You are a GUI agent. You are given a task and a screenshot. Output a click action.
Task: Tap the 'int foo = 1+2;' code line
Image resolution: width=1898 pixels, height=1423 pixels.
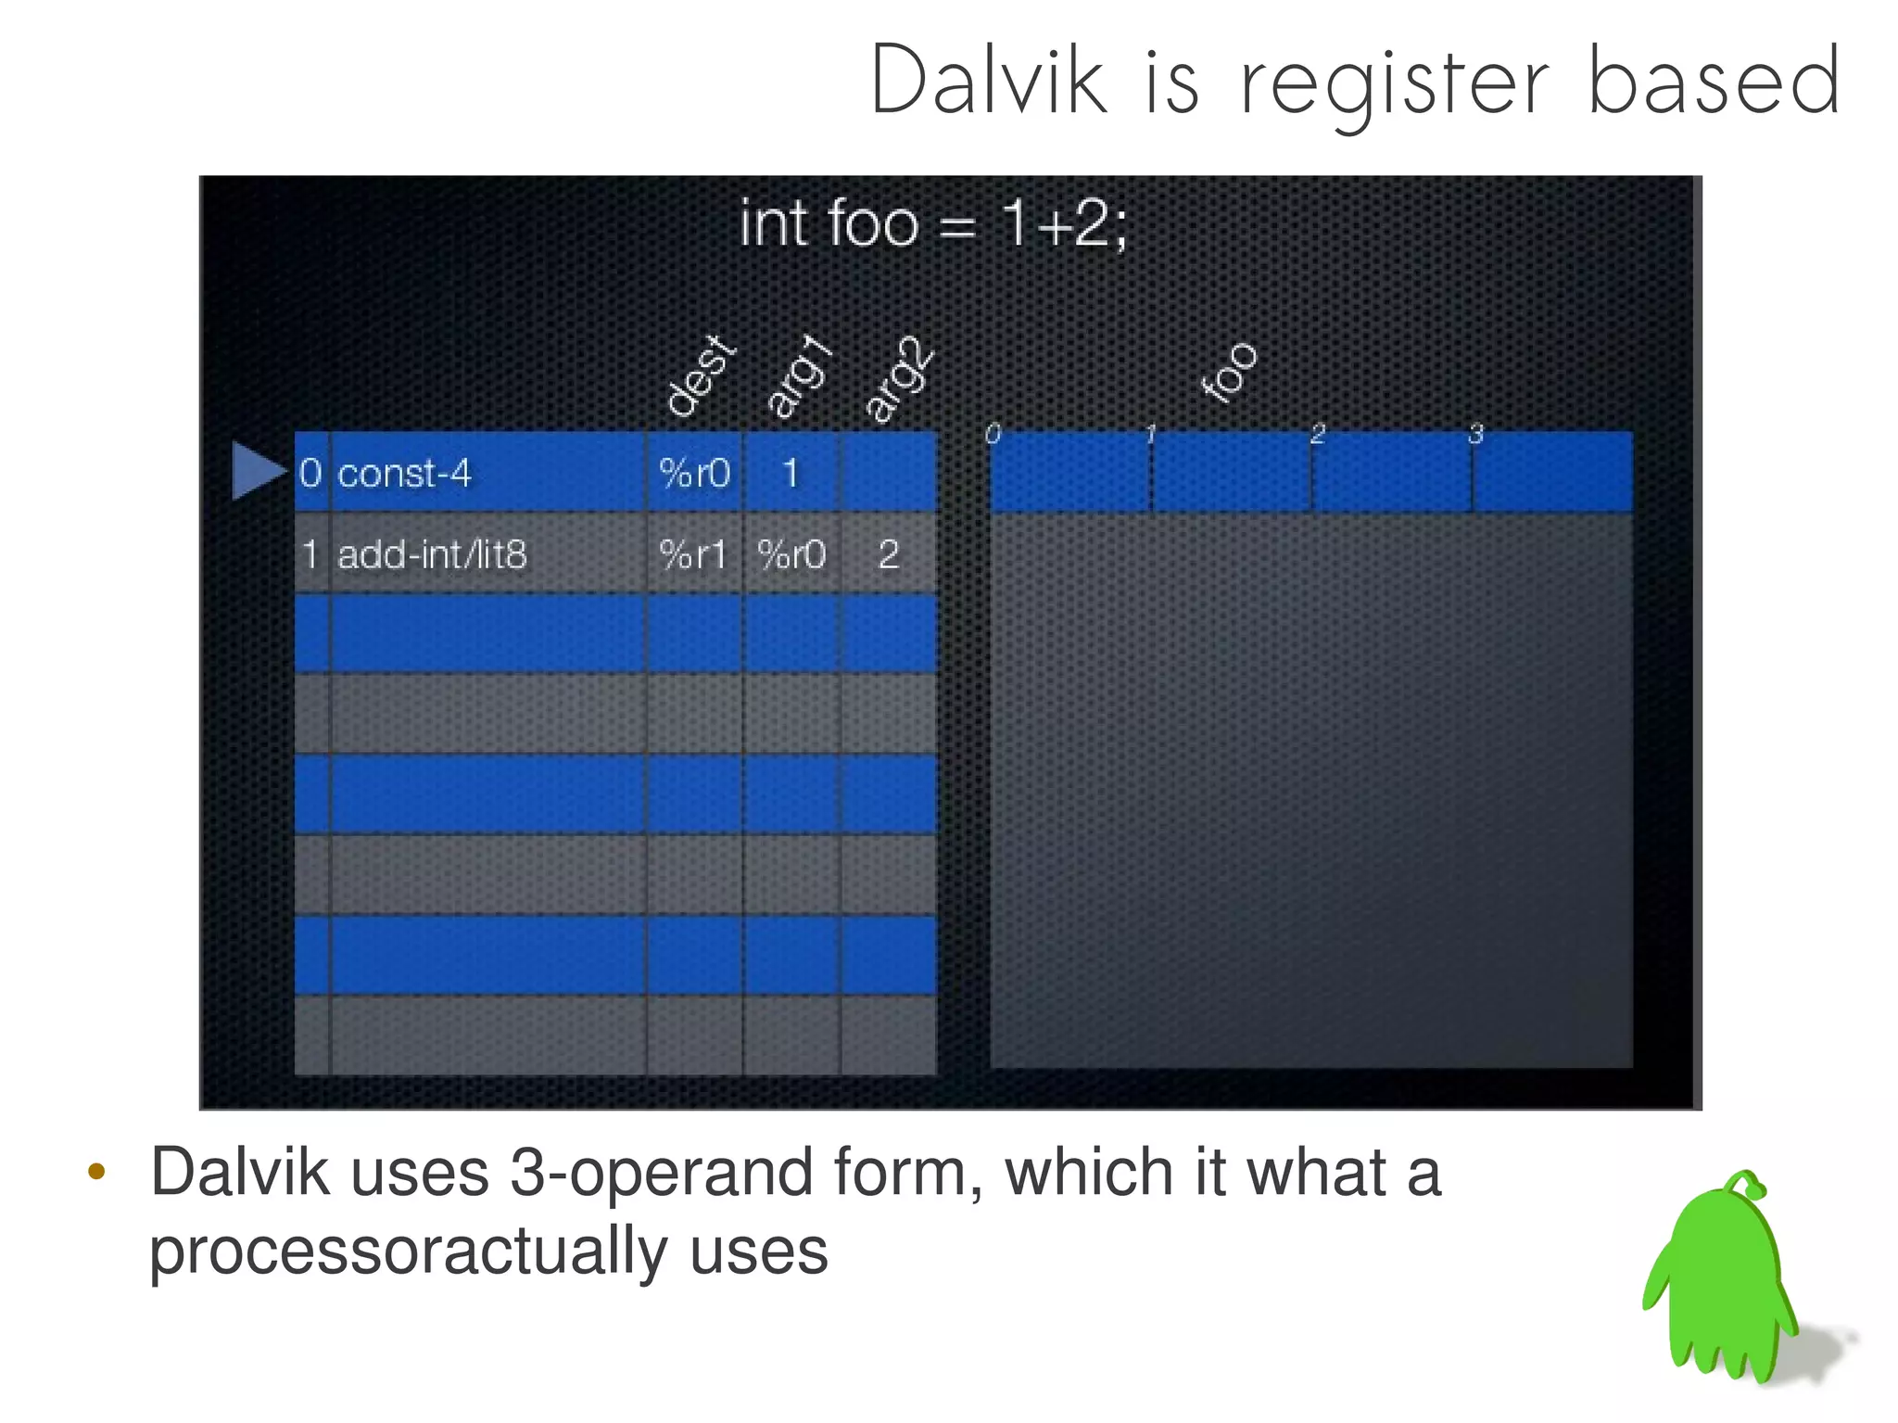(x=932, y=224)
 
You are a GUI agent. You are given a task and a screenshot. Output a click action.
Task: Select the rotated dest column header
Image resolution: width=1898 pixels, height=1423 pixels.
(x=701, y=375)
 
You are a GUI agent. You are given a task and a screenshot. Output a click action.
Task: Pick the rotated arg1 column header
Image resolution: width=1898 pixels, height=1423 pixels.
(x=799, y=375)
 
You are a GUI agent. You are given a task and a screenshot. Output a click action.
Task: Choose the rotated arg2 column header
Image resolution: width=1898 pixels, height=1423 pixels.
(x=897, y=378)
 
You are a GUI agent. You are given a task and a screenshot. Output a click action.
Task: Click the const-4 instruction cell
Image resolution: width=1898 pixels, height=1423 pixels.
(x=404, y=474)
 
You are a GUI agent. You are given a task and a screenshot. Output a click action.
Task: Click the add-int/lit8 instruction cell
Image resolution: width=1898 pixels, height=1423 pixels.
(x=432, y=554)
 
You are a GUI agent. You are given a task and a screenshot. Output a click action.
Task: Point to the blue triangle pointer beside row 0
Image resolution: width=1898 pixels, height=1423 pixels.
(x=256, y=471)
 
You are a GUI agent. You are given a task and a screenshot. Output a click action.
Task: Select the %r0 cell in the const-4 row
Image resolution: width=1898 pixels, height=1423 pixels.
(x=694, y=474)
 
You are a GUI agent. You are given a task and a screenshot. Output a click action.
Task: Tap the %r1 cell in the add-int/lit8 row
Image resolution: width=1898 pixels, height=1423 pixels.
(x=692, y=554)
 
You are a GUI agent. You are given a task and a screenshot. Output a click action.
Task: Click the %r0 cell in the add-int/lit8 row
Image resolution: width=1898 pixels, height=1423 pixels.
(x=791, y=554)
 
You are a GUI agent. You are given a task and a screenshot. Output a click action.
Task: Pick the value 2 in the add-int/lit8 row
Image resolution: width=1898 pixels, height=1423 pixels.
(x=888, y=554)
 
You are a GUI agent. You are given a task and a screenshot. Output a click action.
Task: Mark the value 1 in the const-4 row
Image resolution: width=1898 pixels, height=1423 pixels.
(x=791, y=474)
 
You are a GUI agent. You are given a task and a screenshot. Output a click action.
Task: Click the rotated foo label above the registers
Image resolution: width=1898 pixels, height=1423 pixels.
(x=1228, y=372)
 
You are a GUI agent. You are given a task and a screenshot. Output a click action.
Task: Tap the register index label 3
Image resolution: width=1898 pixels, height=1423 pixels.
(x=1475, y=434)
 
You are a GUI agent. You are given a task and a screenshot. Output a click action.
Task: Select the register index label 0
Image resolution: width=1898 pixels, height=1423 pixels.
(x=993, y=434)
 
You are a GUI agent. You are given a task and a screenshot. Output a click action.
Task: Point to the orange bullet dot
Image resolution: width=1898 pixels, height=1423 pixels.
(x=96, y=1173)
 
